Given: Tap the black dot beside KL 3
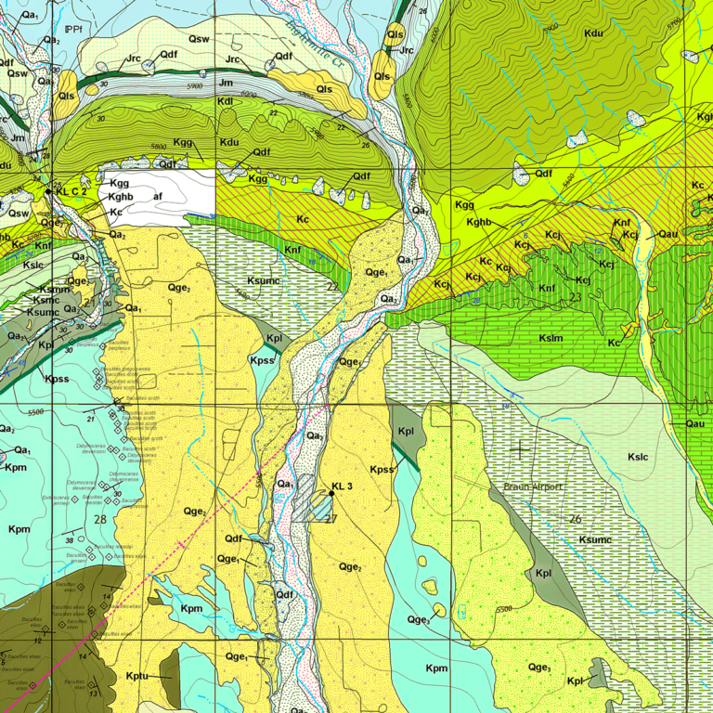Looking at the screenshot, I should (x=331, y=494).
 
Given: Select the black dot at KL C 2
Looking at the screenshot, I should (x=49, y=191).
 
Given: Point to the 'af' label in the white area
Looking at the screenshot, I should (x=158, y=197).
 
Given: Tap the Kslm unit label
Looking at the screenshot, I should (x=550, y=339).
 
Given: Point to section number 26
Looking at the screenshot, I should (x=576, y=518).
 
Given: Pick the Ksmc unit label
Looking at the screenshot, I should (x=45, y=300).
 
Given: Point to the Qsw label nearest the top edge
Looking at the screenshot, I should (x=198, y=39).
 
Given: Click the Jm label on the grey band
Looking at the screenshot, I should (x=226, y=84).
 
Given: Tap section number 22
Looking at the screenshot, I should (x=331, y=288).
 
